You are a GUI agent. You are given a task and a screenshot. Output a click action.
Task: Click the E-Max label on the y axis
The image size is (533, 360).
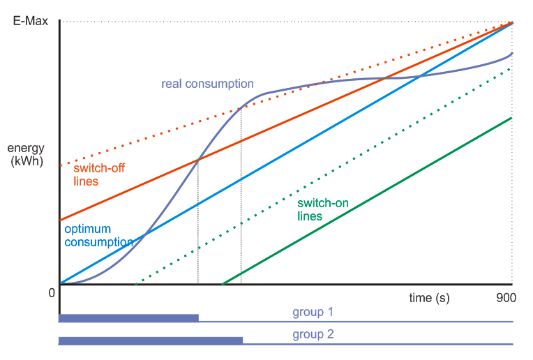30,21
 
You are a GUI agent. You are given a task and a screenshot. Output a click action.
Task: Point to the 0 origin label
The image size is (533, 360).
52,293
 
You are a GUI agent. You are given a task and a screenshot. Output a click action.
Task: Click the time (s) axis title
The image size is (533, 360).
429,298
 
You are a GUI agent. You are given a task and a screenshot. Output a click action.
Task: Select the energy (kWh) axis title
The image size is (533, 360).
27,155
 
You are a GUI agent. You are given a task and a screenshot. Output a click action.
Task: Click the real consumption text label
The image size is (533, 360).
207,84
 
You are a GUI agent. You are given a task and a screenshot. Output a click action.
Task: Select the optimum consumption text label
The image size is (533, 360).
98,235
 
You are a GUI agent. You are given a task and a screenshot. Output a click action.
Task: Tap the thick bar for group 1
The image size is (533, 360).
128,318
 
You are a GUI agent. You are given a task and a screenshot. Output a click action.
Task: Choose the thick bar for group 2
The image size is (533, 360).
150,340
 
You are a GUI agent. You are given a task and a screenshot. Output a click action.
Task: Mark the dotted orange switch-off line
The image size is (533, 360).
140,140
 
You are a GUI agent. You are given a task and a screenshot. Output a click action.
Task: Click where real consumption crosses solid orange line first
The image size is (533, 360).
198,160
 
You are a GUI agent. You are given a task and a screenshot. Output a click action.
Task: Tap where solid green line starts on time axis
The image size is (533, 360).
222,284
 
